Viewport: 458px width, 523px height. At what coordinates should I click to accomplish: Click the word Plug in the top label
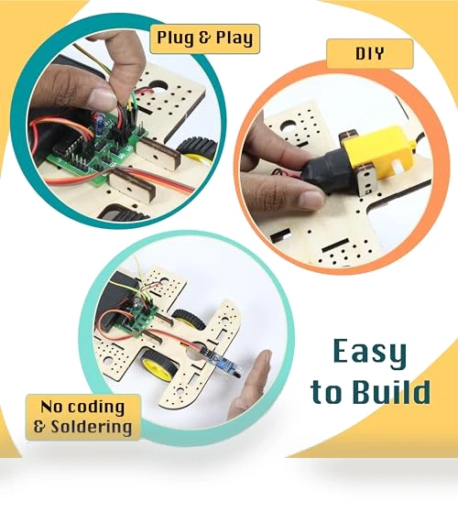(176, 38)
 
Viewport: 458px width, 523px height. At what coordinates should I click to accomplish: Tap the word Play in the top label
(234, 38)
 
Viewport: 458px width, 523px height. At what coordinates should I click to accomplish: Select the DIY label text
(369, 53)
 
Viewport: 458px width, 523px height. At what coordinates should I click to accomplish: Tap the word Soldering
(92, 426)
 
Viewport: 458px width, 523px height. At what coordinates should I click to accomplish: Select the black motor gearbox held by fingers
(329, 169)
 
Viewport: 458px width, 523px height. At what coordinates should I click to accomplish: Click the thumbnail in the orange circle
(311, 200)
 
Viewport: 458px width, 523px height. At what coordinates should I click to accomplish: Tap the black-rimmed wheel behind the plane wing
(188, 320)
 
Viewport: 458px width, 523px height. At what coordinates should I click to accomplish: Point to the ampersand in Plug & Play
(204, 38)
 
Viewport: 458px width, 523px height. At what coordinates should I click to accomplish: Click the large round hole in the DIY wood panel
(289, 128)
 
